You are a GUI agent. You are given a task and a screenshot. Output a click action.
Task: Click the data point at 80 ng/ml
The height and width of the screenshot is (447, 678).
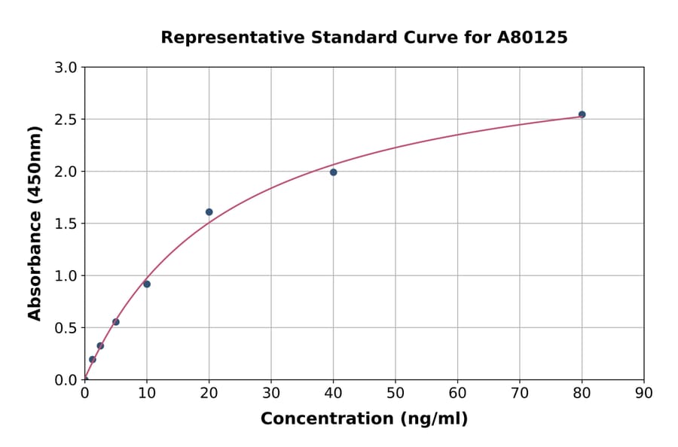[582, 114]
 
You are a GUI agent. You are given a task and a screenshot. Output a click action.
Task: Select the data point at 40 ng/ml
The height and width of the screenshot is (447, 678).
[333, 172]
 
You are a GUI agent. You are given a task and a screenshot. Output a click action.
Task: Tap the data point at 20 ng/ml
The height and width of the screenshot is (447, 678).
[209, 212]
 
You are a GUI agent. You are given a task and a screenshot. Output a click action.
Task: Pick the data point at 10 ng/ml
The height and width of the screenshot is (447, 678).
[147, 284]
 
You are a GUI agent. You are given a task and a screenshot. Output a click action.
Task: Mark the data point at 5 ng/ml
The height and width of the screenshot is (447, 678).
[116, 322]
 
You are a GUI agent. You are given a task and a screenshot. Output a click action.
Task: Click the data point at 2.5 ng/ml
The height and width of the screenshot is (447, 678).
[100, 346]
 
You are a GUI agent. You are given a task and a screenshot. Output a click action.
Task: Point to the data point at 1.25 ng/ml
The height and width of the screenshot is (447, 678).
[93, 360]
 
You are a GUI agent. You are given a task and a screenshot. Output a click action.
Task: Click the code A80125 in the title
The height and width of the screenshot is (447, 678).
[532, 38]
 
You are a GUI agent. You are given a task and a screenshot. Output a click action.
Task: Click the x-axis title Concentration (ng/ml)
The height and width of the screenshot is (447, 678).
[364, 419]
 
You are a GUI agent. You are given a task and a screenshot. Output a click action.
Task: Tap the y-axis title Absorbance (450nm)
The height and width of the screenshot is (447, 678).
[35, 223]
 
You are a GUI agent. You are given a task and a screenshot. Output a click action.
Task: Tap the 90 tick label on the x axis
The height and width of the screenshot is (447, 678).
[644, 393]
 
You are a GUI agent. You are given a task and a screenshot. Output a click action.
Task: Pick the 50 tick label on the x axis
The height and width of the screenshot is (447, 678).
[395, 393]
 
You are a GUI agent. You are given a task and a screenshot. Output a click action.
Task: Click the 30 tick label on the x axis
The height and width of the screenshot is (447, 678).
[271, 393]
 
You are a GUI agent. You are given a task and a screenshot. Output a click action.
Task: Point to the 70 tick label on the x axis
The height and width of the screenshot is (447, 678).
[520, 393]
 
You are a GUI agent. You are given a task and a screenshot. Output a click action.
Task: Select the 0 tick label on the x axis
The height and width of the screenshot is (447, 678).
[84, 393]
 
